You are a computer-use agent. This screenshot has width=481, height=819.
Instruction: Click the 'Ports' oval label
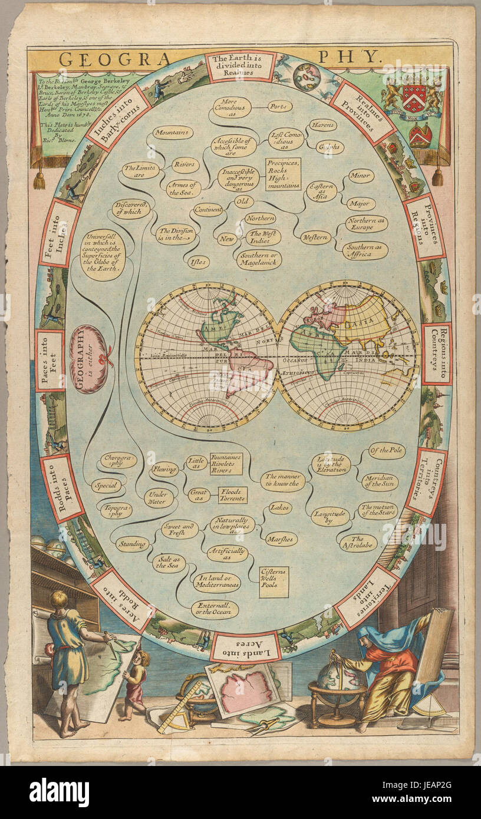tap(280, 107)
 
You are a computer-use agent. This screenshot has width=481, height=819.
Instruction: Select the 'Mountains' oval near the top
tap(173, 133)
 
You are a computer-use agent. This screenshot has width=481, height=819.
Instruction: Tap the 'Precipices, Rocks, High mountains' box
tap(282, 174)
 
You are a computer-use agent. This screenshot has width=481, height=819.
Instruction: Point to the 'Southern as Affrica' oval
tap(365, 250)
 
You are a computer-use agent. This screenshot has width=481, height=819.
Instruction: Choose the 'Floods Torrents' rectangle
tap(233, 495)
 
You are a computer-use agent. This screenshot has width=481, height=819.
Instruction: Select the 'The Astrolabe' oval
tap(358, 543)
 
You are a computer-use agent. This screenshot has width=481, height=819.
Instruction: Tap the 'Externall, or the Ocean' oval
tap(215, 609)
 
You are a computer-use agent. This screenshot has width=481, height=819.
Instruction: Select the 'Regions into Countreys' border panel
tap(437, 354)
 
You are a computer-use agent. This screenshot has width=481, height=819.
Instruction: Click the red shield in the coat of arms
tap(414, 98)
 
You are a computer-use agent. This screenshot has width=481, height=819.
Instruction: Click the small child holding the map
tap(136, 683)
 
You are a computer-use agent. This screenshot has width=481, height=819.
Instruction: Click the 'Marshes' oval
tap(281, 539)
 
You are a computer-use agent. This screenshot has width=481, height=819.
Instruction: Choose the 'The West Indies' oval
tap(263, 237)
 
